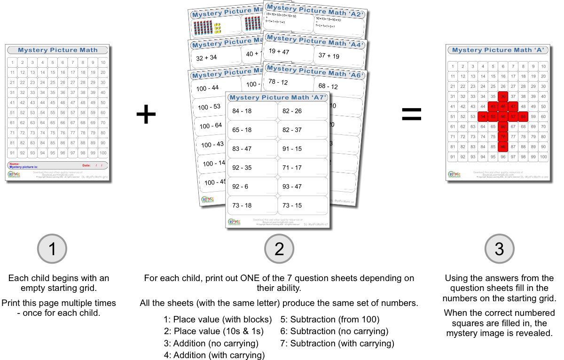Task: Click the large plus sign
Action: click(146, 115)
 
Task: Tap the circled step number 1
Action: click(52, 249)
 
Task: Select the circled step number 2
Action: click(279, 249)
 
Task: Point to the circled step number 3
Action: click(499, 249)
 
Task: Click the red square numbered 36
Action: click(503, 96)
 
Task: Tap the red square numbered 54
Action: click(483, 117)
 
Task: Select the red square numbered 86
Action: click(503, 147)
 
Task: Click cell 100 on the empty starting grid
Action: click(102, 153)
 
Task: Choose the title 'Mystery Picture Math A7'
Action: click(277, 97)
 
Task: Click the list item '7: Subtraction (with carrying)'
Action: click(337, 344)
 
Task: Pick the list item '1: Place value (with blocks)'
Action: click(218, 320)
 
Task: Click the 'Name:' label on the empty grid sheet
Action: click(14, 164)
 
